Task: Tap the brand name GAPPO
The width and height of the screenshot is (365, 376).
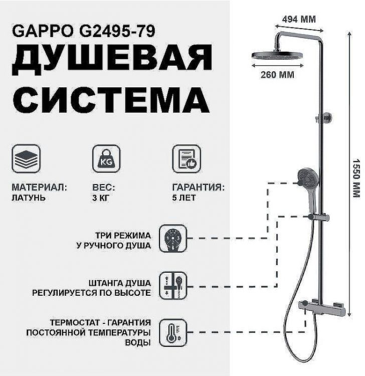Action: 42,31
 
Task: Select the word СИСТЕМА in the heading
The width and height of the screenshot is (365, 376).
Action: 111,100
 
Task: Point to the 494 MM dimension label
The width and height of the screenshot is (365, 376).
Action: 299,19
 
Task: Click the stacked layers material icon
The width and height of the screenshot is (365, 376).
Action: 26,158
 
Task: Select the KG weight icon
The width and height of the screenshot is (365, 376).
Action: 106,158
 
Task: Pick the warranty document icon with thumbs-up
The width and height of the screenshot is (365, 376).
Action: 186,158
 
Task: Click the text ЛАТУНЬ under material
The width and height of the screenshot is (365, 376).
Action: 29,198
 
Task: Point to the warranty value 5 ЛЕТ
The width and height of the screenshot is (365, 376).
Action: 184,198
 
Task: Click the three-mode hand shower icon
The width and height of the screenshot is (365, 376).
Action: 172,239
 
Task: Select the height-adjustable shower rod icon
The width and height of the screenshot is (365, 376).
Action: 172,286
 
